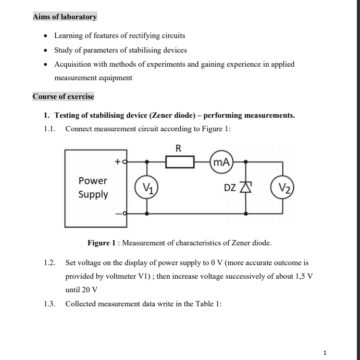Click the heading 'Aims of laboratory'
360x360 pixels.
coord(65,17)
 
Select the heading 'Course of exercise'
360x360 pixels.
coord(63,96)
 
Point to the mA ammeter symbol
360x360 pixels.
coord(221,162)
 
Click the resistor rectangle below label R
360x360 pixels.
coord(180,162)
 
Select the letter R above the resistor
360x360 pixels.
coord(178,148)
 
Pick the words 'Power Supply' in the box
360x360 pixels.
coord(93,188)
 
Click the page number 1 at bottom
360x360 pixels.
coord(325,353)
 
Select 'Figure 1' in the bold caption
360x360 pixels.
coord(99,243)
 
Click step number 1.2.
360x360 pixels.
coord(49,263)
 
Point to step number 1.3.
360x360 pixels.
coord(49,304)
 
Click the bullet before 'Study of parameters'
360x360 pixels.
coord(46,51)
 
